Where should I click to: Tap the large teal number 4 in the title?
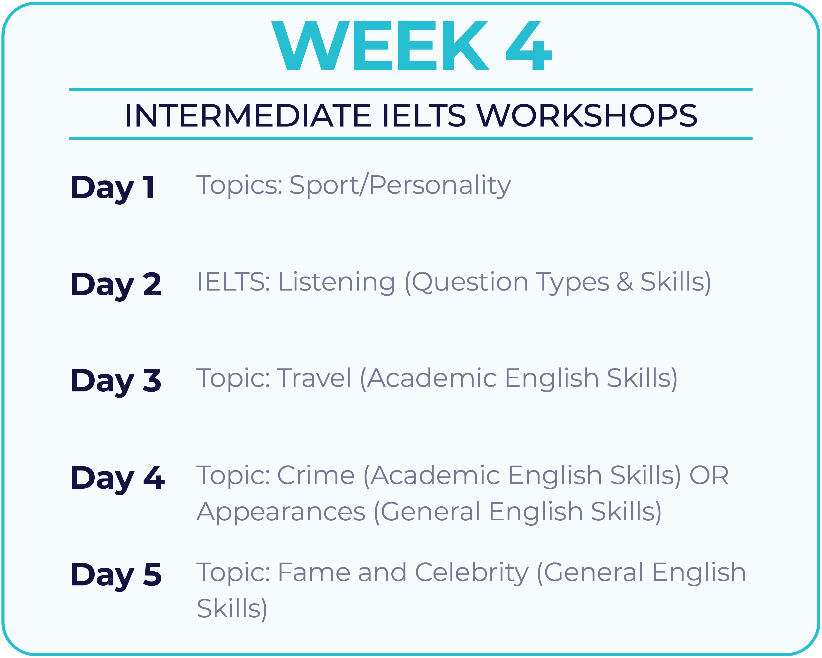click(x=528, y=46)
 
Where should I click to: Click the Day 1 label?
click(x=113, y=188)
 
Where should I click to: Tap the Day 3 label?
click(x=116, y=381)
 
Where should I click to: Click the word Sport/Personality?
click(x=400, y=186)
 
